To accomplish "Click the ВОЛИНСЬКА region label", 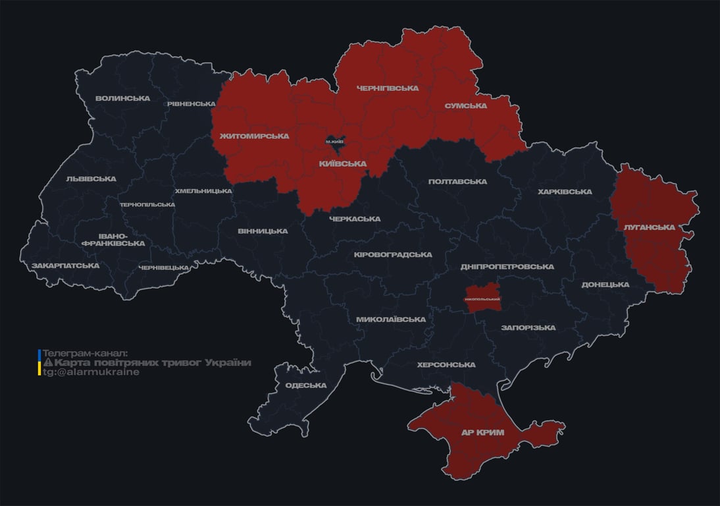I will tap(122, 99).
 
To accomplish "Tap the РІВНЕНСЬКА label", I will tap(191, 104).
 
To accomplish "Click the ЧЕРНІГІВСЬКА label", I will tap(387, 88).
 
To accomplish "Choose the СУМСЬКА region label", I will tap(465, 106).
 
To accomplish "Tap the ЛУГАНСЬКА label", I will tap(649, 227).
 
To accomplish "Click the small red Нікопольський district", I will tap(482, 296).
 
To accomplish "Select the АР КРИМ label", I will tap(482, 433).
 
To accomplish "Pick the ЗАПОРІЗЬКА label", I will tap(528, 327).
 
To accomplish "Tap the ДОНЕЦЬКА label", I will tap(605, 285).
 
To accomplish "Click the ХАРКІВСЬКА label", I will tap(565, 192).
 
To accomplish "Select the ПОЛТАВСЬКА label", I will tap(457, 182).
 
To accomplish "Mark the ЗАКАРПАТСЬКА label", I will tap(66, 266).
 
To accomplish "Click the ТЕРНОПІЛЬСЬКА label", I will tap(147, 204).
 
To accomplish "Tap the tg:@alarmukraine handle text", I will tap(91, 372).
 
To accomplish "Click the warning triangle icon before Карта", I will tap(47, 363).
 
